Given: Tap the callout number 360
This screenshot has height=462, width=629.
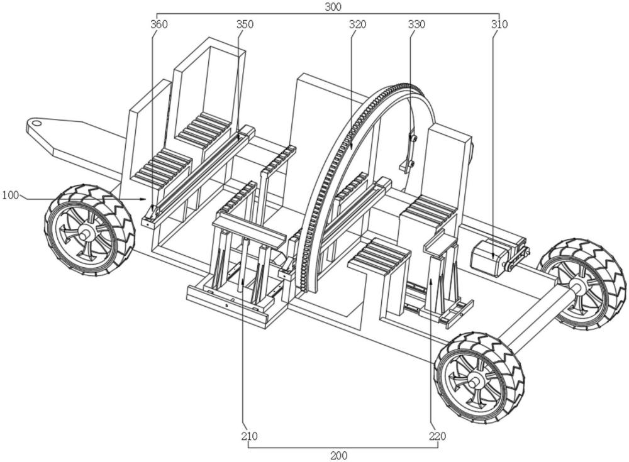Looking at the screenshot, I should [159, 25].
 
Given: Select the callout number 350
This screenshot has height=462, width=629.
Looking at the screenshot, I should [245, 25].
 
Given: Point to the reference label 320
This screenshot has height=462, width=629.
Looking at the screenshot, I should [358, 25].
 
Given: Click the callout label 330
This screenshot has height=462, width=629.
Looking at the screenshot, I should [416, 25].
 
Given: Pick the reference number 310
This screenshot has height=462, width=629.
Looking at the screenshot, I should [499, 25].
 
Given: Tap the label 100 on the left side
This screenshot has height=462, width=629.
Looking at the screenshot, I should [11, 195].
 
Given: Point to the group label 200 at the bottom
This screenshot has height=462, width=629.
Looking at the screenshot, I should [338, 456].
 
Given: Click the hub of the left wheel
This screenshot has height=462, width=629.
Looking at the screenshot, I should [83, 231].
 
